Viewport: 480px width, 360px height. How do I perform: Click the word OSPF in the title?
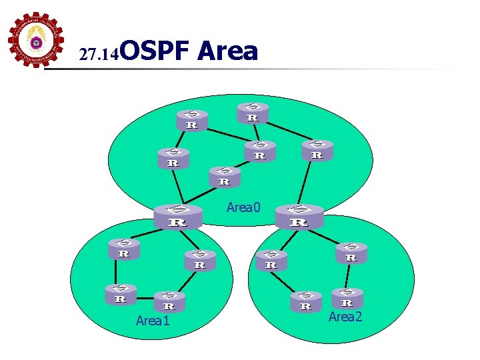pyautogui.click(x=158, y=51)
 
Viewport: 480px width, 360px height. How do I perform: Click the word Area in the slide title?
pyautogui.click(x=227, y=51)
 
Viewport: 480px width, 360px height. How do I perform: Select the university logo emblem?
pyautogui.click(x=36, y=41)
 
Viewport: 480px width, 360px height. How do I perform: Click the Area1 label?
pyautogui.click(x=153, y=321)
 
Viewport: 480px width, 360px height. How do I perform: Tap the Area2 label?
pyautogui.click(x=345, y=317)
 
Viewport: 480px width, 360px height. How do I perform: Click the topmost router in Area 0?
pyautogui.click(x=253, y=113)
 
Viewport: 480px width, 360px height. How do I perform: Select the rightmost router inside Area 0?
pyautogui.click(x=317, y=150)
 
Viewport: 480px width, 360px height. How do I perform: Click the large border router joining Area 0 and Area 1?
pyautogui.click(x=177, y=217)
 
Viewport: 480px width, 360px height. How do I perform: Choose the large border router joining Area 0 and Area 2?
pyautogui.click(x=299, y=216)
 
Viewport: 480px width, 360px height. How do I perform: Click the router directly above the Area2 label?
pyautogui.click(x=347, y=298)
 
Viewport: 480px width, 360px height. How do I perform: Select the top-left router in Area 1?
pyautogui.click(x=124, y=249)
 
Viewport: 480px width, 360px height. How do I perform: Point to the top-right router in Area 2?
pyautogui.click(x=351, y=253)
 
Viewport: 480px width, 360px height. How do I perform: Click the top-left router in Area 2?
pyautogui.click(x=271, y=259)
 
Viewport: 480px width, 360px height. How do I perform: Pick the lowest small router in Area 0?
pyautogui.click(x=225, y=177)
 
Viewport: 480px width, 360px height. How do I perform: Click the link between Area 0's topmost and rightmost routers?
pyautogui.click(x=286, y=130)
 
